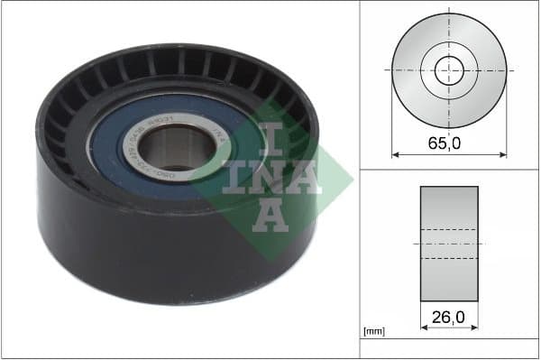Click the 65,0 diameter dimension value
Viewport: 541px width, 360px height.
[x=449, y=142]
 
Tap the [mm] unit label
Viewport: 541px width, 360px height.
[x=372, y=331]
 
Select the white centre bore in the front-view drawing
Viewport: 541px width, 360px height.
[x=449, y=69]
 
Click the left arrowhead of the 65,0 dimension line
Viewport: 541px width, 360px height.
[x=395, y=154]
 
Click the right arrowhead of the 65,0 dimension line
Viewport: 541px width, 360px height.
[x=503, y=154]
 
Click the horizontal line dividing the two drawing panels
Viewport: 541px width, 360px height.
[x=449, y=169]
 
